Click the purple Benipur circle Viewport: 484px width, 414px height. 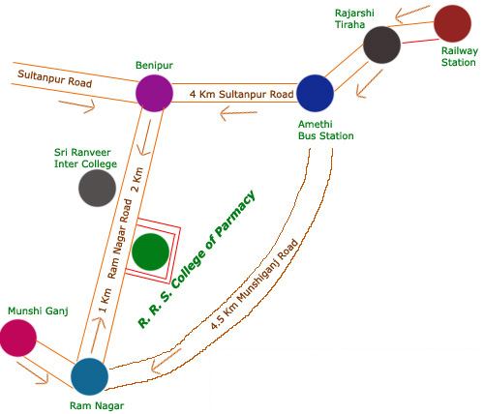tap(154, 93)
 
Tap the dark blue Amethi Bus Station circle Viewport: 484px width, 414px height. tap(315, 93)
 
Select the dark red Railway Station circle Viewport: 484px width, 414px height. tap(452, 23)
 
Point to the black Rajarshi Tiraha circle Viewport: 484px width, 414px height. tap(381, 44)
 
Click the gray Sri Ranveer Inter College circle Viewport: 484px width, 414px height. tap(97, 188)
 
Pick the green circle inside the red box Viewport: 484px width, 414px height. tap(150, 251)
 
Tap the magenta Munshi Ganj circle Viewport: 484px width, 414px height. tap(18, 338)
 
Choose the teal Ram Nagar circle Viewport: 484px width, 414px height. tap(89, 376)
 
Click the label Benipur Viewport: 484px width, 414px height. tap(154, 65)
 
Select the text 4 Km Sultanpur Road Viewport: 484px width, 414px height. tap(241, 94)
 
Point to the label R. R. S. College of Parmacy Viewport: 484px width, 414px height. tap(197, 259)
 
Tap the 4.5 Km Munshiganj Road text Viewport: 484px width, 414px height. tap(254, 284)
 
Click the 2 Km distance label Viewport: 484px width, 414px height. tap(137, 180)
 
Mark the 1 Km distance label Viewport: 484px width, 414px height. tap(106, 301)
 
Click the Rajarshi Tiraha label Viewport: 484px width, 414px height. tap(354, 18)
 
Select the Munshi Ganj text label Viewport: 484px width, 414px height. tap(38, 311)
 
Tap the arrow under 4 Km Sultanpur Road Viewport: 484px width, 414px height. tap(238, 113)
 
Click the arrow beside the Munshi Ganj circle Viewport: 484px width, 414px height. tap(32, 373)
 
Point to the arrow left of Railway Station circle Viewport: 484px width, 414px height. tap(413, 14)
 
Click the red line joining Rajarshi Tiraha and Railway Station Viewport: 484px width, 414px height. tap(420, 42)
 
